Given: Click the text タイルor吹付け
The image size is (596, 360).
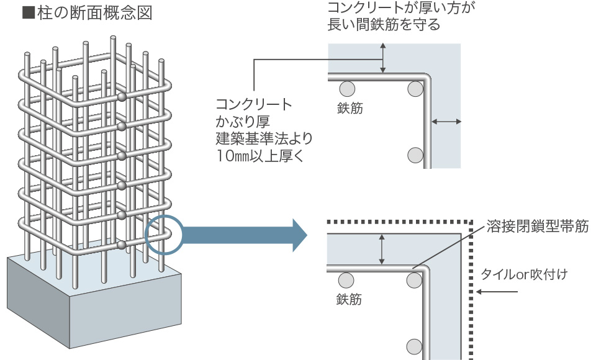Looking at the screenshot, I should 524,274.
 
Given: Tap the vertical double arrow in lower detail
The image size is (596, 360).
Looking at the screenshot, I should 382,250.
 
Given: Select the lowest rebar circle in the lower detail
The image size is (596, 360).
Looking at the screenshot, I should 415,346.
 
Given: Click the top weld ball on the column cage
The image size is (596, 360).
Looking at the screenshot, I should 122,97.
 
